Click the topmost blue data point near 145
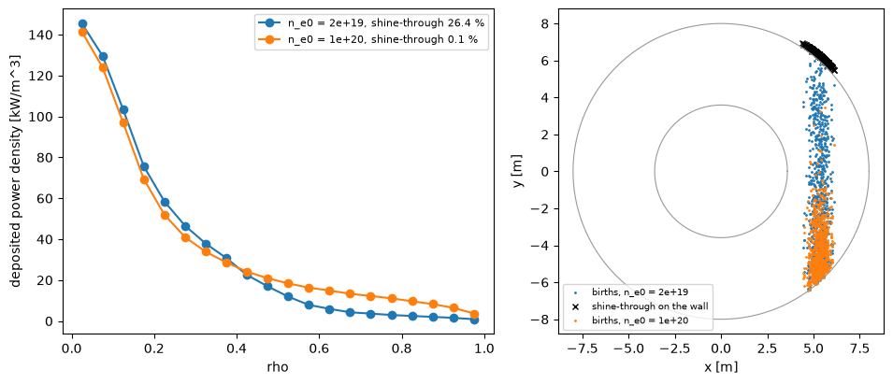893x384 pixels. pyautogui.click(x=82, y=24)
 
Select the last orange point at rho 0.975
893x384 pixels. pyautogui.click(x=474, y=314)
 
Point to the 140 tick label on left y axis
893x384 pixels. pyautogui.click(x=48, y=36)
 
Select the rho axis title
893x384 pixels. pyautogui.click(x=278, y=367)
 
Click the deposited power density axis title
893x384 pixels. pyautogui.click(x=15, y=171)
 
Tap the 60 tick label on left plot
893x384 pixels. pyautogui.click(x=50, y=199)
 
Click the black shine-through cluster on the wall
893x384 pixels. pyautogui.click(x=819, y=56)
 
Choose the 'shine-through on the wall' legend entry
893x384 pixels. pyautogui.click(x=641, y=306)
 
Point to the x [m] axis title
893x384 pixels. pyautogui.click(x=721, y=367)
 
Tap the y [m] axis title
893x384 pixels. pyautogui.click(x=519, y=171)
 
